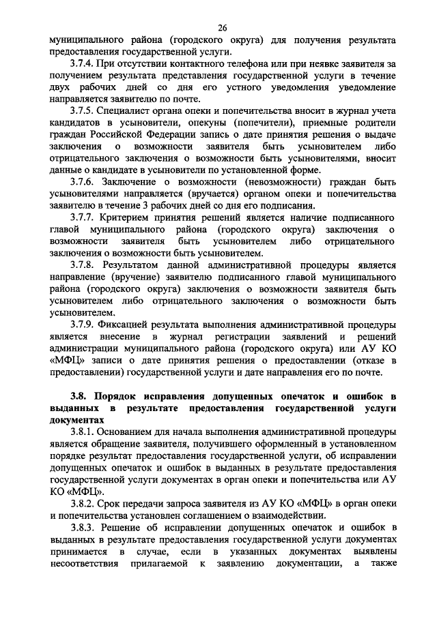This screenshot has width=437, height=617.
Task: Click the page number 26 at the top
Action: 222,27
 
